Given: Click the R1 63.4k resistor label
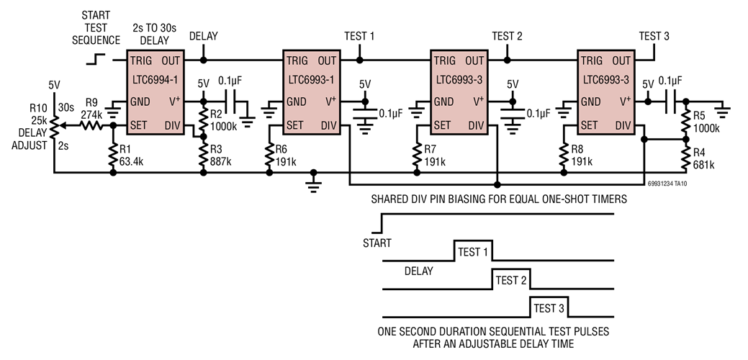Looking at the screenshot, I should [x=132, y=153].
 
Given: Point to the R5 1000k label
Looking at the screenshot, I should [x=705, y=122].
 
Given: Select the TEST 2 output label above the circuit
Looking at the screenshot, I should [x=507, y=36].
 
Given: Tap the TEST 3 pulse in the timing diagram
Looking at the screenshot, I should [x=549, y=308].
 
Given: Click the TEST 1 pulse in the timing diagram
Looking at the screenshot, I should [x=473, y=252].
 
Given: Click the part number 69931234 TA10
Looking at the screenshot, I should [x=690, y=184].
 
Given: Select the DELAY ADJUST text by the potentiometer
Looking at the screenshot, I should [x=30, y=140].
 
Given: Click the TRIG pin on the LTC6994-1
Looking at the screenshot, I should [x=143, y=60].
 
